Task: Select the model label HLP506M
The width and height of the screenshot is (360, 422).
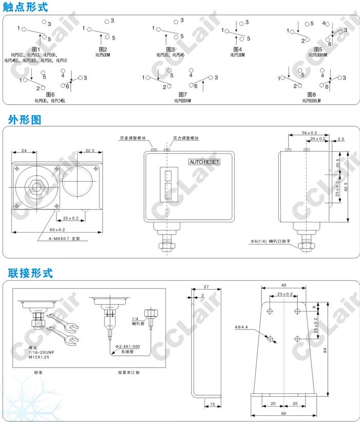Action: point(104,55)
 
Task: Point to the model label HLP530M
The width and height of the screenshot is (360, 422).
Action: point(238,55)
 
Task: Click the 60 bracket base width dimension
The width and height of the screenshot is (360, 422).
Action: point(284,413)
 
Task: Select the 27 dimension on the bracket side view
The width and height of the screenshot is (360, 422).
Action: point(206,286)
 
